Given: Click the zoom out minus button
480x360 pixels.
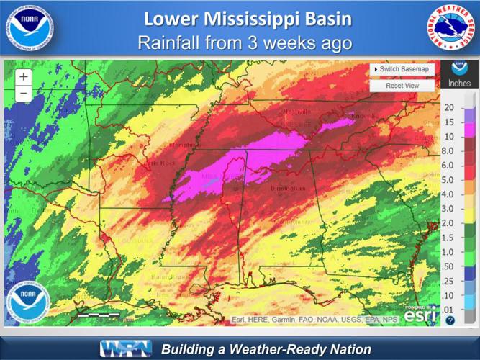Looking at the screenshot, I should click(24, 93).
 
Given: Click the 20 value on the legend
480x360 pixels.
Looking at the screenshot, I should click(449, 108).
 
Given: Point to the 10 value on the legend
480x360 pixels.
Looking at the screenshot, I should click(449, 137).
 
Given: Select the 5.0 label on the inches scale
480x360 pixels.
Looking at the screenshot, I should click(449, 180).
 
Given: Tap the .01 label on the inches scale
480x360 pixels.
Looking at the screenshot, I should click(449, 310).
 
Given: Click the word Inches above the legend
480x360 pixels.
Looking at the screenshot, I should click(459, 84).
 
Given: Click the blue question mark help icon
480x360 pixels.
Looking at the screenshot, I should click(450, 320).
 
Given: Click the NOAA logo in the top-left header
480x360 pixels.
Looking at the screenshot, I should click(27, 28).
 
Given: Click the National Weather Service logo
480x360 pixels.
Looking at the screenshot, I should click(452, 28).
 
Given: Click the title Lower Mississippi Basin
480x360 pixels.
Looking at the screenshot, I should click(240, 19).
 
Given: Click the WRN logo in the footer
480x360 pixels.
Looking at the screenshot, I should click(125, 349).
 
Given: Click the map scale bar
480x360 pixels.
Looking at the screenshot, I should click(99, 315).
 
